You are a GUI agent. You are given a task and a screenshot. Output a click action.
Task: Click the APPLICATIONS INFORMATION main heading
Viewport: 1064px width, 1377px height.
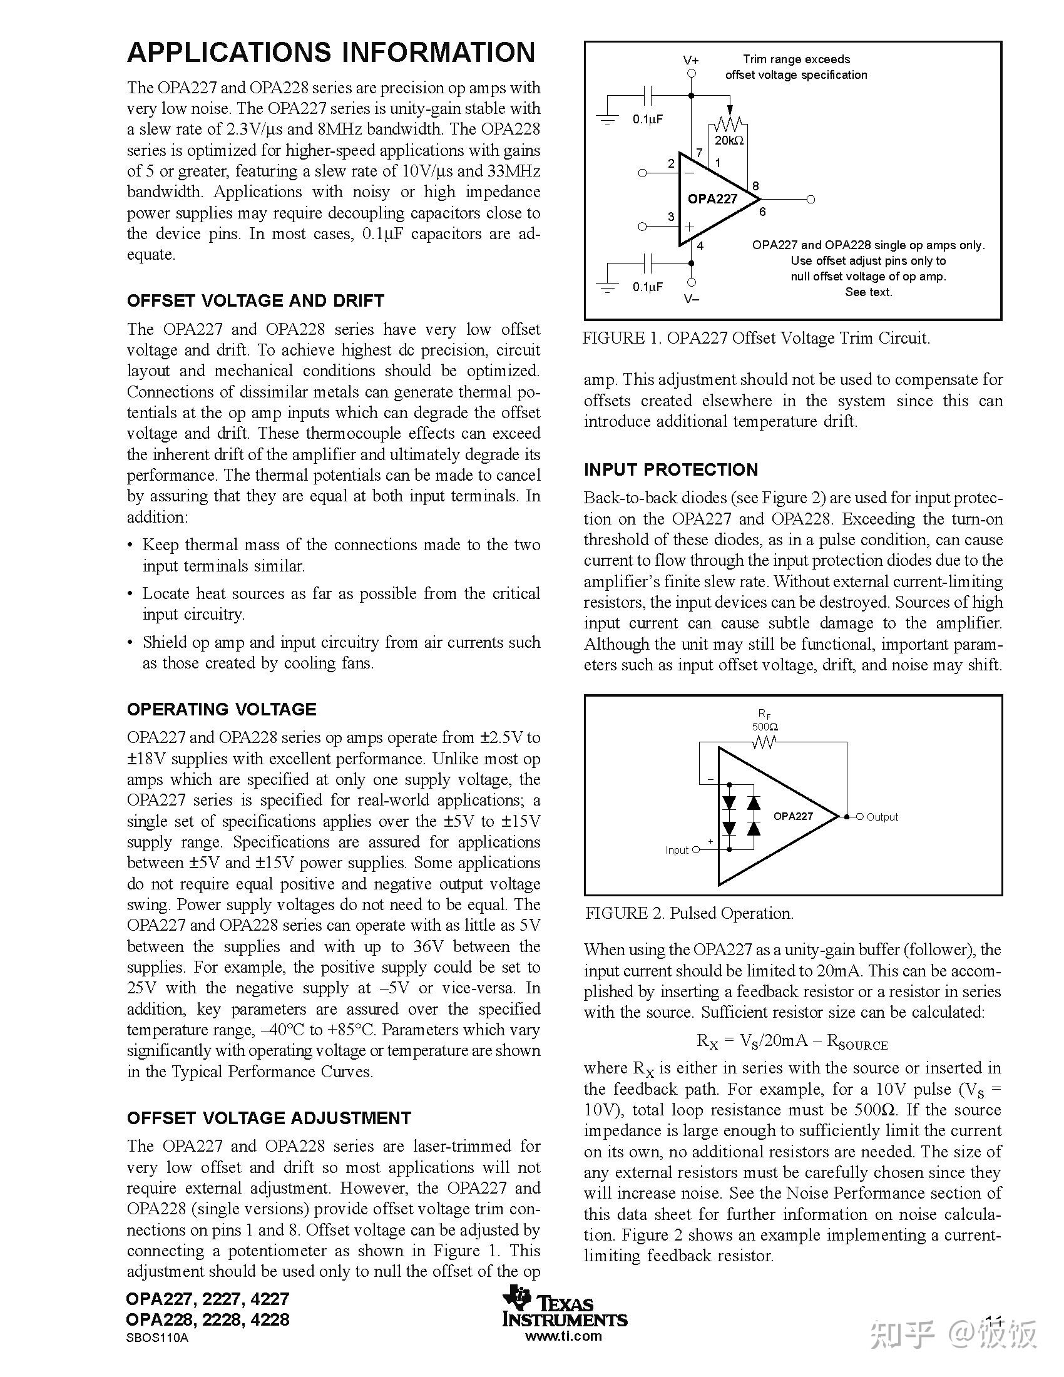point(331,53)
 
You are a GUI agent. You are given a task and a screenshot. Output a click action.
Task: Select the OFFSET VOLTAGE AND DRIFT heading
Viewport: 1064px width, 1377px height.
point(255,300)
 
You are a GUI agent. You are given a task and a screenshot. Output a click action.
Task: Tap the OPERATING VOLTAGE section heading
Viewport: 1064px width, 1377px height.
point(221,709)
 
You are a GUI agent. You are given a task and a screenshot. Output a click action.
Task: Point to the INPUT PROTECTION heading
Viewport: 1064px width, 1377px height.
point(671,469)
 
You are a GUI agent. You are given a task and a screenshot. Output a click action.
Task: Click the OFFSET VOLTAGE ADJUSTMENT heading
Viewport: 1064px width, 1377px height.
point(269,1118)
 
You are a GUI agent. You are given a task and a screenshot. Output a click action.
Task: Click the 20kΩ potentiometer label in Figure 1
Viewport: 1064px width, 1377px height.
point(729,141)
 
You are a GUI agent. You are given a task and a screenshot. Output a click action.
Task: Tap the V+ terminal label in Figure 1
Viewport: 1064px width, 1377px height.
point(691,61)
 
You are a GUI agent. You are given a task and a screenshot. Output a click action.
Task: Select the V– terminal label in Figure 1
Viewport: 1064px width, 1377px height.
point(692,299)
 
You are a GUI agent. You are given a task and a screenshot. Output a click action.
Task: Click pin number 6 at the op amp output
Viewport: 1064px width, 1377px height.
point(762,212)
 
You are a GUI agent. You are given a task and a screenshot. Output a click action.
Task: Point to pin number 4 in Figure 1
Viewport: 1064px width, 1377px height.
point(700,247)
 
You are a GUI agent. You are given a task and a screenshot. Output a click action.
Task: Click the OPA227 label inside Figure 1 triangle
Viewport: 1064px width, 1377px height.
point(712,199)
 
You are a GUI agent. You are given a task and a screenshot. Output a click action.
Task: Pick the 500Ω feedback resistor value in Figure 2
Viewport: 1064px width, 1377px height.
point(765,727)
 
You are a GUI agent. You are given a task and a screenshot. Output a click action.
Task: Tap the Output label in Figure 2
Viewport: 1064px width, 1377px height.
point(882,817)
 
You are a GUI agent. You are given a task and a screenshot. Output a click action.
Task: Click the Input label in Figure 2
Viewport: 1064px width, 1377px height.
point(677,851)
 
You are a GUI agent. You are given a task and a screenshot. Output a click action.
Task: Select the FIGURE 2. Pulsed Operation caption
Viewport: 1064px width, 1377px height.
point(689,914)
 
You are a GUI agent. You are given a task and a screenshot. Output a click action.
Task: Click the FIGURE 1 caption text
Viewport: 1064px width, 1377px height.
point(756,339)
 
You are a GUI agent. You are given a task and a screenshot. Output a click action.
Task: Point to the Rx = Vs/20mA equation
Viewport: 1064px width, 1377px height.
point(792,1041)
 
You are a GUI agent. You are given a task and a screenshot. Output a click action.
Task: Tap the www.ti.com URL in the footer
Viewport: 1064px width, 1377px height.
point(563,1336)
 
